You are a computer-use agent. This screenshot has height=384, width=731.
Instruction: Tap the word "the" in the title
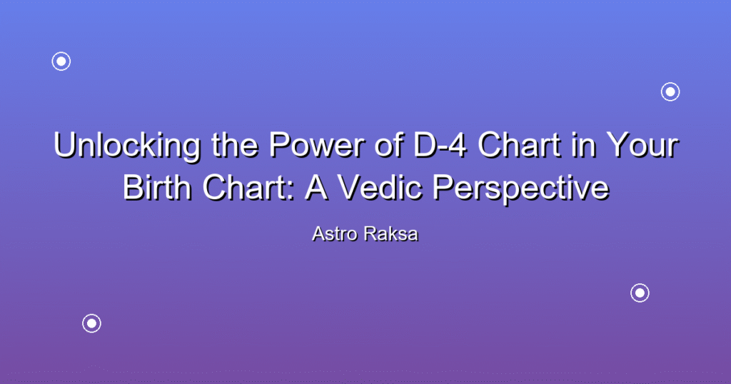(234, 144)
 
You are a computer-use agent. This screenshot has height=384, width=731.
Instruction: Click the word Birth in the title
(157, 187)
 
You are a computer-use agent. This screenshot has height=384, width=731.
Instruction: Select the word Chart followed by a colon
(248, 187)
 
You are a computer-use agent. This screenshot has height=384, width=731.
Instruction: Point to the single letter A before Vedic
(316, 187)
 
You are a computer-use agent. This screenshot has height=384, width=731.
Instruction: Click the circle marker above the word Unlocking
(61, 61)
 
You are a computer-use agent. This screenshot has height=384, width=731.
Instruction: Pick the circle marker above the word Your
(670, 92)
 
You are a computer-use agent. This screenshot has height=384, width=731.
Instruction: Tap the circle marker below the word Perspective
(640, 293)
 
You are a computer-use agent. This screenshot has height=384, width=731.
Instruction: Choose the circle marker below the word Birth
(91, 323)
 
